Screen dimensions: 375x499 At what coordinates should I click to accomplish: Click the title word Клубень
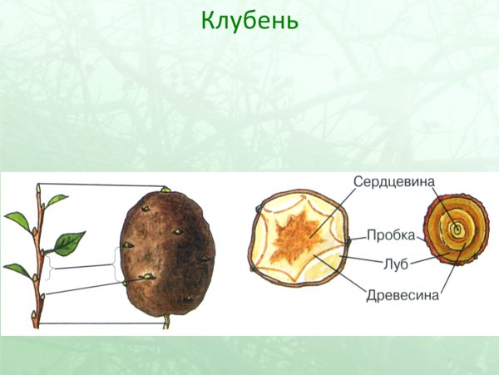(249, 20)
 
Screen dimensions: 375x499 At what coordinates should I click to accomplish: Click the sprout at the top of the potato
(165, 190)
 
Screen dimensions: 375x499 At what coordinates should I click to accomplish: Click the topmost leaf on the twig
(56, 200)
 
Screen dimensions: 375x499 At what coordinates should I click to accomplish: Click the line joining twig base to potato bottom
(100, 323)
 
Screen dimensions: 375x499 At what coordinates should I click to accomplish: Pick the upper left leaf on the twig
(17, 220)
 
